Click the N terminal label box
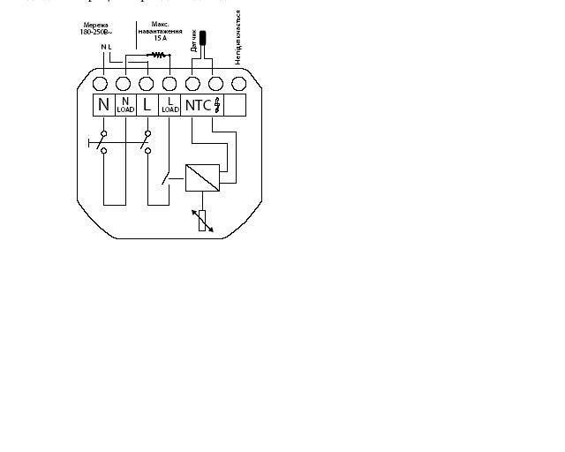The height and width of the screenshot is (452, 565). point(104,106)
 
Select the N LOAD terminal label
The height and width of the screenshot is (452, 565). point(125,106)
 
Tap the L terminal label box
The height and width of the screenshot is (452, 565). point(147,106)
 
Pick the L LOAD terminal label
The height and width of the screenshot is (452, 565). point(170,106)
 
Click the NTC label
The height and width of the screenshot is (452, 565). point(198,106)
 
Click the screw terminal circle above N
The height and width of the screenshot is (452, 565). point(101,84)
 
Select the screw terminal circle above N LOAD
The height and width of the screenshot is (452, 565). point(124,84)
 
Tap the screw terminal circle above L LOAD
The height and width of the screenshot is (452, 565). point(169,84)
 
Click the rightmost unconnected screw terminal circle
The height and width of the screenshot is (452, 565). point(238,84)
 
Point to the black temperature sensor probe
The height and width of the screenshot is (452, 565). point(202,38)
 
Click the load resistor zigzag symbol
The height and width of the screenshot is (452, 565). point(159,55)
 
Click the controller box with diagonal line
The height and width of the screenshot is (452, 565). point(202,177)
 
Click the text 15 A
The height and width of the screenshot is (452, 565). point(159,39)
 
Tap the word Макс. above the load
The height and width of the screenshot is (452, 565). point(158,23)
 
